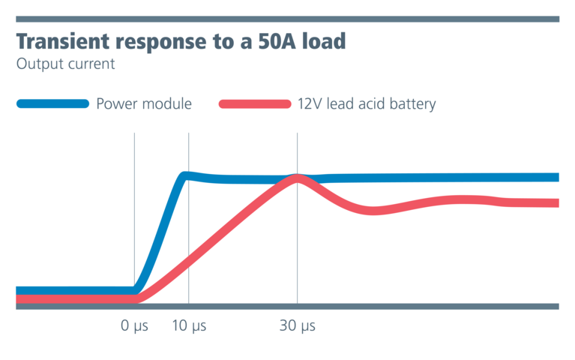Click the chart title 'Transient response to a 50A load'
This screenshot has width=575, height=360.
click(181, 41)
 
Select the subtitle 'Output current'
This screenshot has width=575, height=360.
click(65, 64)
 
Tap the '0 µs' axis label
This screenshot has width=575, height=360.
click(135, 326)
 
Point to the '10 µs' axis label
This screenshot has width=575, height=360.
click(188, 326)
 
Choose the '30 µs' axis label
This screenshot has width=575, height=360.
click(298, 326)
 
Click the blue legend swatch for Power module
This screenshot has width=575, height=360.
click(52, 104)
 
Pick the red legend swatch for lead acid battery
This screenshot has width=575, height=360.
click(255, 104)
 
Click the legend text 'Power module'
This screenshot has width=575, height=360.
click(144, 104)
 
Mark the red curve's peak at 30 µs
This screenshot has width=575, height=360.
click(298, 178)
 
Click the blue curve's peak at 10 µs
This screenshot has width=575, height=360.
click(185, 175)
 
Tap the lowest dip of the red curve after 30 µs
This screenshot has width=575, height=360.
click(375, 211)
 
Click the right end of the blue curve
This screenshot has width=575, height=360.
click(556, 177)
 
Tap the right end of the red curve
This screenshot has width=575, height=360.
click(556, 202)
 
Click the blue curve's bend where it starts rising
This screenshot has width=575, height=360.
click(136, 289)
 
